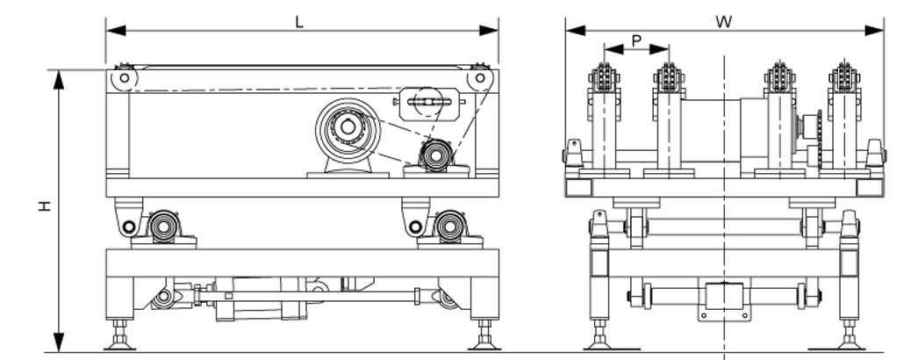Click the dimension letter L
299,21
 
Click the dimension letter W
724,21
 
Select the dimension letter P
636,40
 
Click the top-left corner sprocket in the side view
124,78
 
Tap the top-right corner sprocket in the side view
480,78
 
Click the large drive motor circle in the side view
348,129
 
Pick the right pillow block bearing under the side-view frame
449,227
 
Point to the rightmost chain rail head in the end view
845,78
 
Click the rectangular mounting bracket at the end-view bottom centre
724,299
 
